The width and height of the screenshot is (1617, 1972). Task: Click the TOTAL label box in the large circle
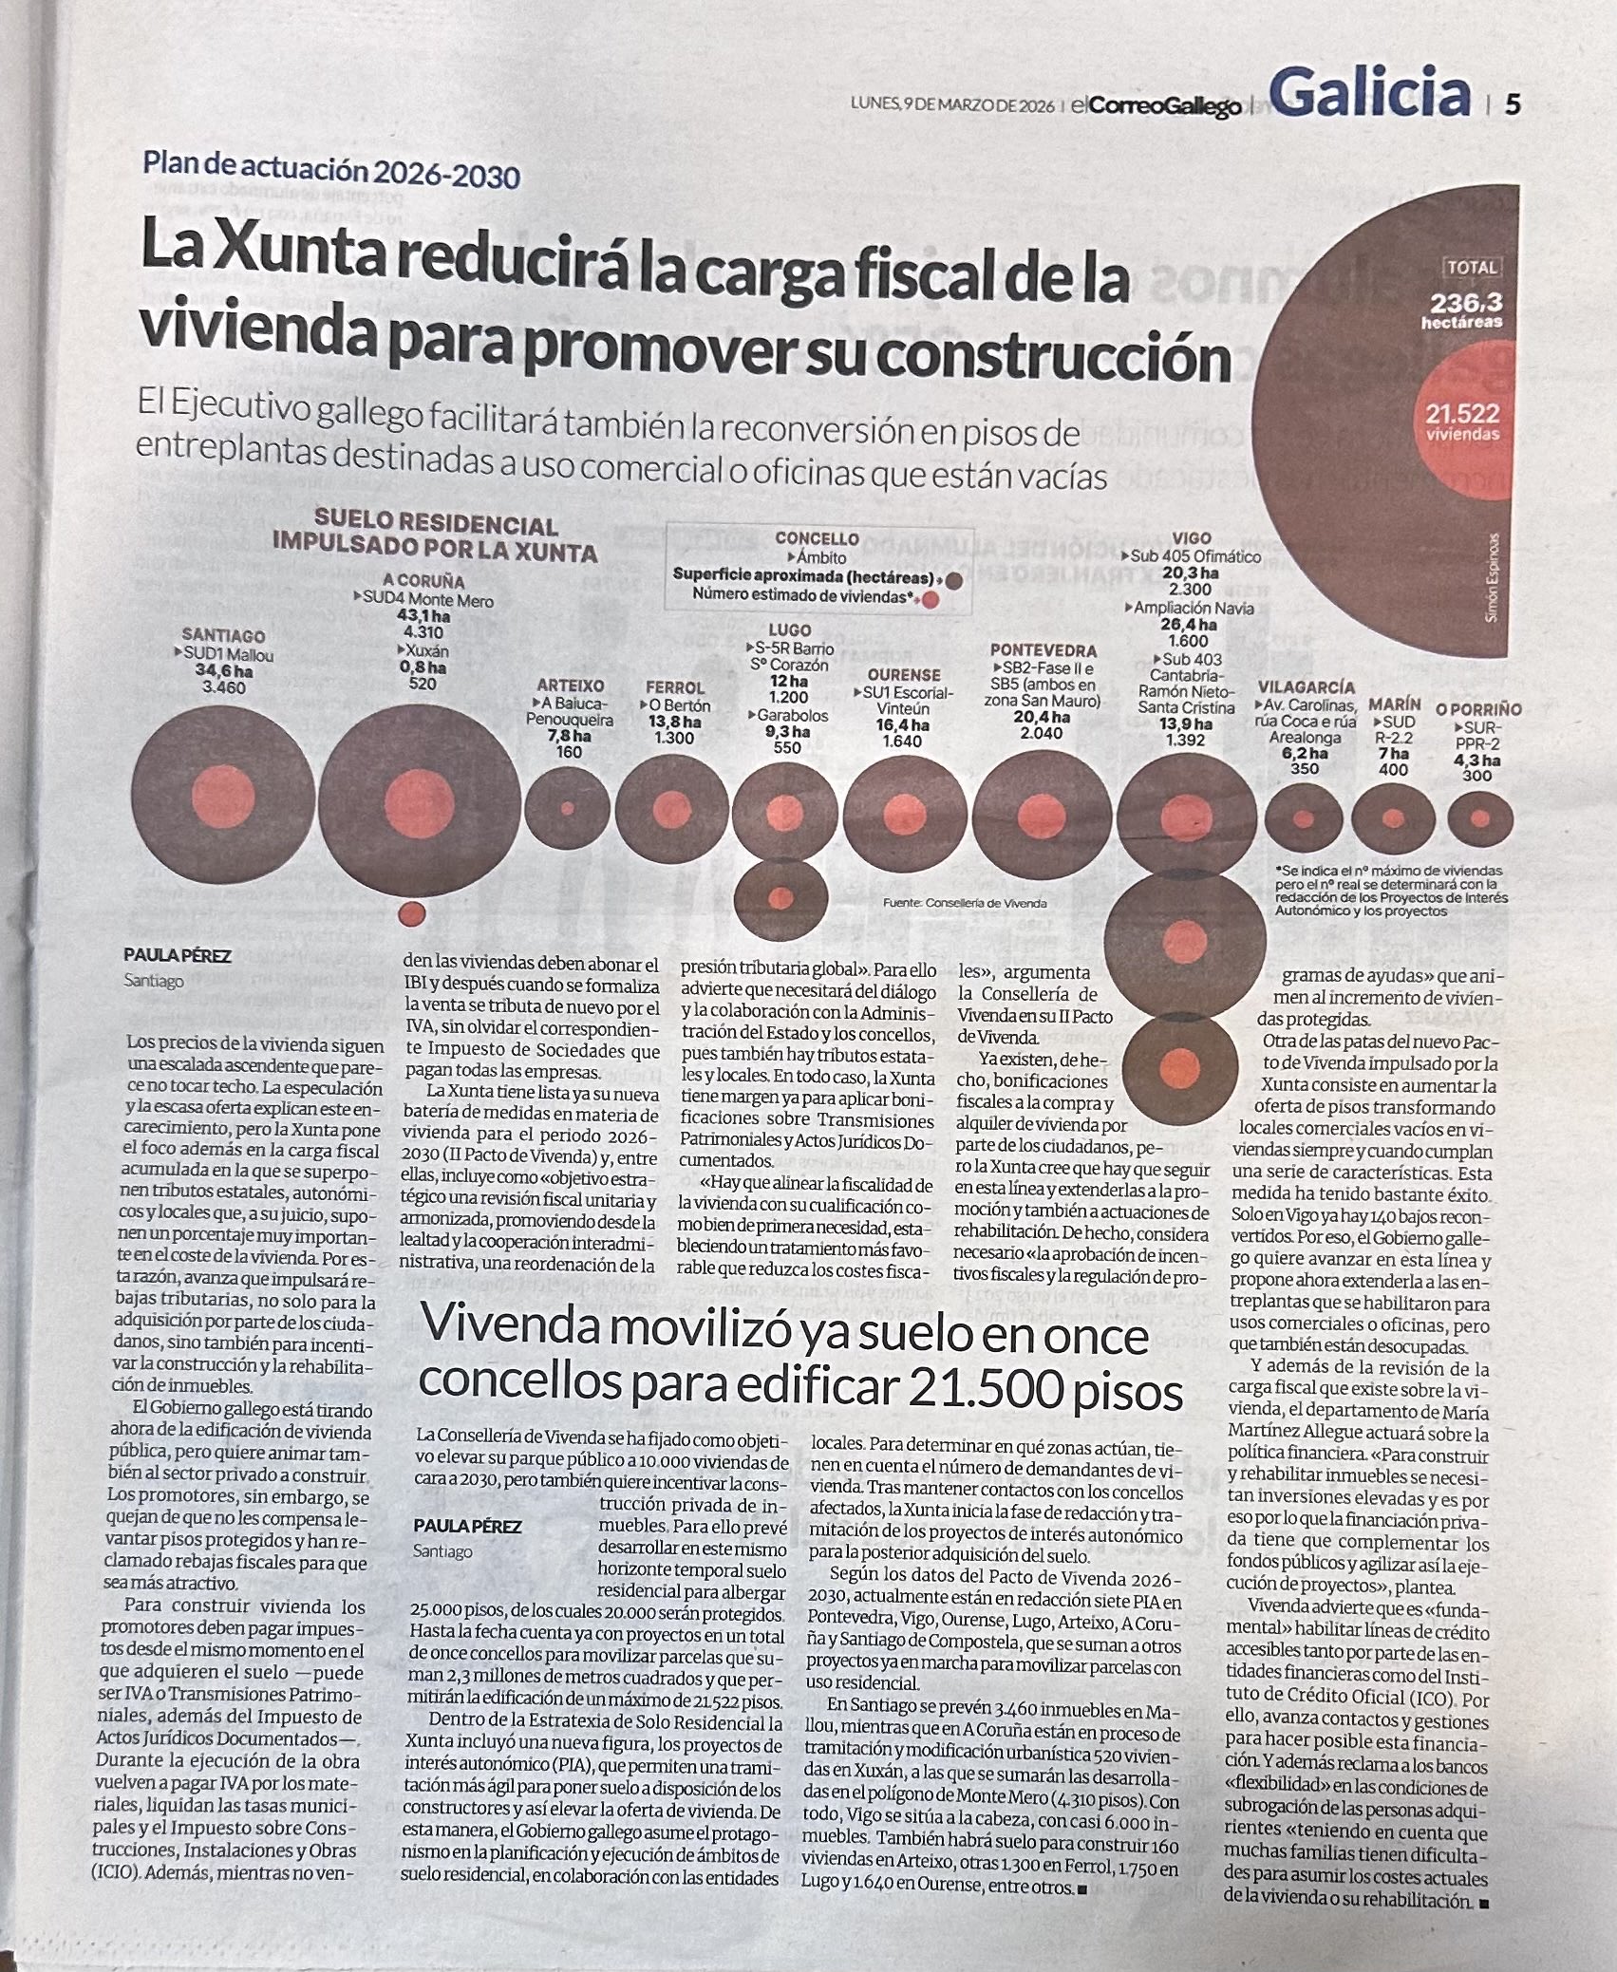click(1472, 268)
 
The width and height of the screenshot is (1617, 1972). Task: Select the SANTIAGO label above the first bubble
click(223, 636)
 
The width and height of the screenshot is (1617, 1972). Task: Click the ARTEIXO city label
click(570, 685)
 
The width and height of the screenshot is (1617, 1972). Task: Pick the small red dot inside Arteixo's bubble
click(568, 809)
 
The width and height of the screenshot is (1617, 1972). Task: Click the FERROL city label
click(675, 687)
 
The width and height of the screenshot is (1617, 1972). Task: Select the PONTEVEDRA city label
click(1043, 650)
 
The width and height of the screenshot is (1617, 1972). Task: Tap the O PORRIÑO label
click(1478, 708)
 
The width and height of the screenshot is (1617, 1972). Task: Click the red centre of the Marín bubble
click(1393, 817)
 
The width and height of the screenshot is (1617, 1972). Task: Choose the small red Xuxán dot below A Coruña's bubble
click(411, 913)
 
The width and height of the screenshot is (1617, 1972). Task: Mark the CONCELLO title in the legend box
click(817, 538)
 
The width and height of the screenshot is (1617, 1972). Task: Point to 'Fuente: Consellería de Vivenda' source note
click(964, 903)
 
